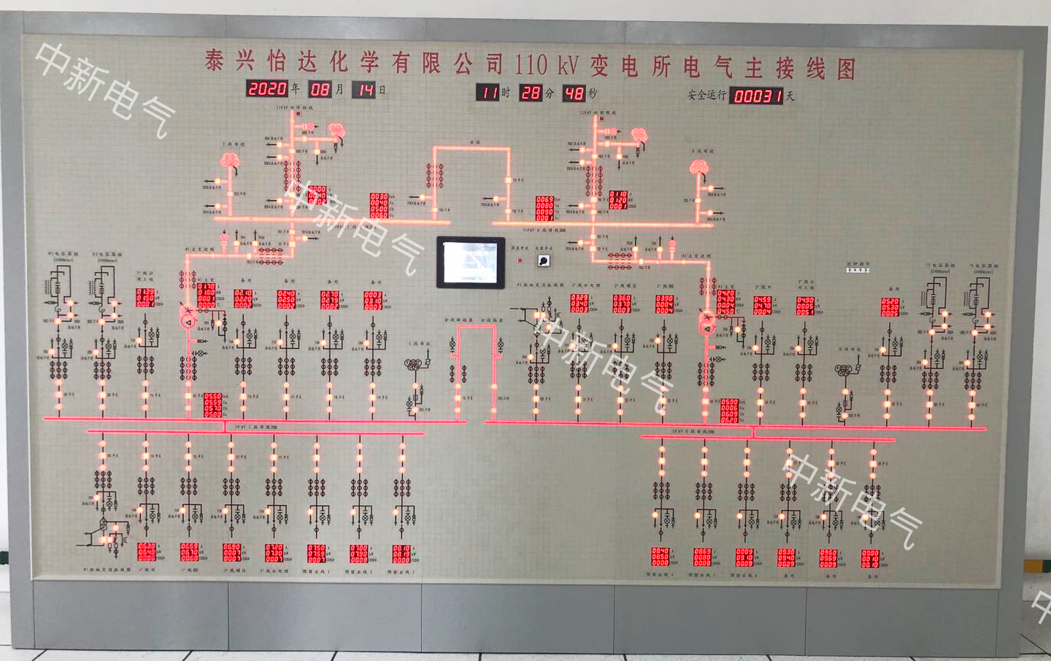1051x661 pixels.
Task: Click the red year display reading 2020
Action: point(267,88)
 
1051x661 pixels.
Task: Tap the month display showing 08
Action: point(320,89)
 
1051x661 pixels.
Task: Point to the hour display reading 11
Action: point(488,92)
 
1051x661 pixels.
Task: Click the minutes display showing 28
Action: point(531,93)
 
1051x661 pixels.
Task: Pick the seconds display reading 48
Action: point(574,93)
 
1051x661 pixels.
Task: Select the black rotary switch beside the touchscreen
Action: point(542,260)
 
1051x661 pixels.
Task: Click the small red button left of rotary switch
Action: point(520,260)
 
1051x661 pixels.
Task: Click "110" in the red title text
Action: point(531,64)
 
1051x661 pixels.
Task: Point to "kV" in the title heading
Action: point(566,66)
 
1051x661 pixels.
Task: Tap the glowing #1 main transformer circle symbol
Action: point(187,320)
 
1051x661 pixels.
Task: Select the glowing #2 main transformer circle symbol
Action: point(707,326)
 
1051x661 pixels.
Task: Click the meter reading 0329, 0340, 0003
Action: point(580,304)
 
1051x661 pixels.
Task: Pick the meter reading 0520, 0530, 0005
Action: point(890,306)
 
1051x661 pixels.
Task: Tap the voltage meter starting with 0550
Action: point(212,406)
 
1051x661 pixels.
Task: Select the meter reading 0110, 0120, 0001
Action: point(617,201)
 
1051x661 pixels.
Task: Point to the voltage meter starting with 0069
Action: point(544,208)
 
